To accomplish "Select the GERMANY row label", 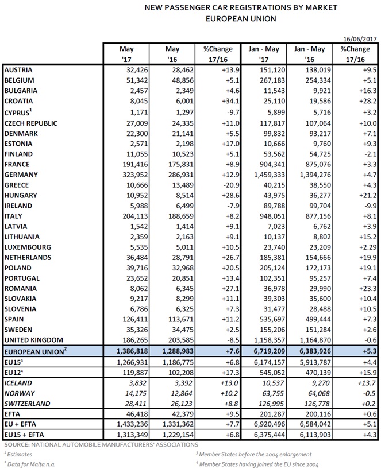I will point(21,175).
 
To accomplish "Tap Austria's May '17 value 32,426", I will point(136,69).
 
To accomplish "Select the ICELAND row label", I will point(18,382).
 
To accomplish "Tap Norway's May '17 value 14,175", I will point(136,393).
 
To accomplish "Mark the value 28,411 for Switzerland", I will point(136,403).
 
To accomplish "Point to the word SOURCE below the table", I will point(17,445).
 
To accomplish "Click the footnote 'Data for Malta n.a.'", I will point(34,463).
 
